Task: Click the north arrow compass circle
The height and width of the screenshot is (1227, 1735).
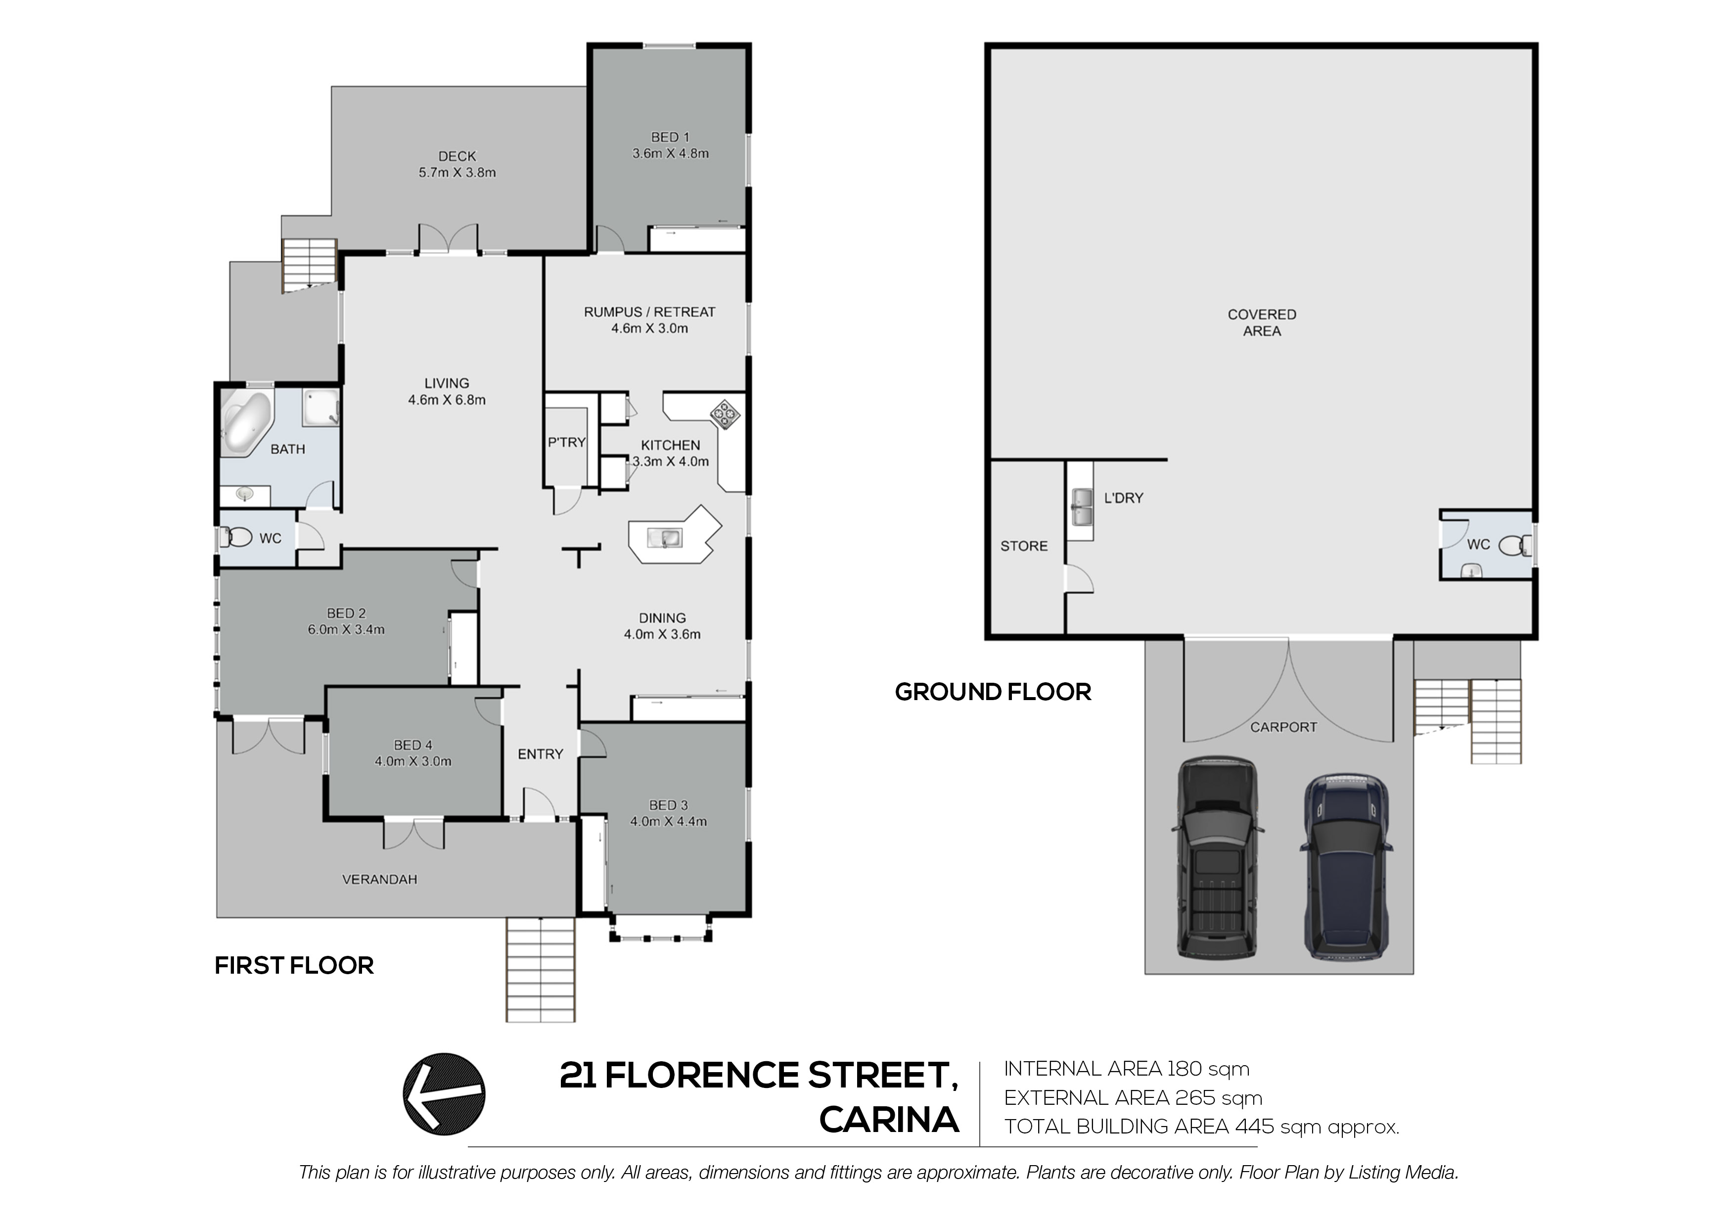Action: point(444,1093)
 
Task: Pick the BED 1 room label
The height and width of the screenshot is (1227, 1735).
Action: point(670,137)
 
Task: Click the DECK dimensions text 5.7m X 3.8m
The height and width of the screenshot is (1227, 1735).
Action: point(457,172)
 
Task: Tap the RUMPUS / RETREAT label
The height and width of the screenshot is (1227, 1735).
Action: point(649,312)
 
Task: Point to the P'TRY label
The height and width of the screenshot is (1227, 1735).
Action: point(567,442)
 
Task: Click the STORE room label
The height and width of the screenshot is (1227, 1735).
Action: point(1023,546)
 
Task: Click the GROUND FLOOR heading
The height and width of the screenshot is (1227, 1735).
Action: point(992,692)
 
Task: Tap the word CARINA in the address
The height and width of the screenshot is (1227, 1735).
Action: point(889,1121)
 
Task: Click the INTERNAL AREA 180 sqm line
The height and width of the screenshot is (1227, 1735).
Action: point(1126,1069)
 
